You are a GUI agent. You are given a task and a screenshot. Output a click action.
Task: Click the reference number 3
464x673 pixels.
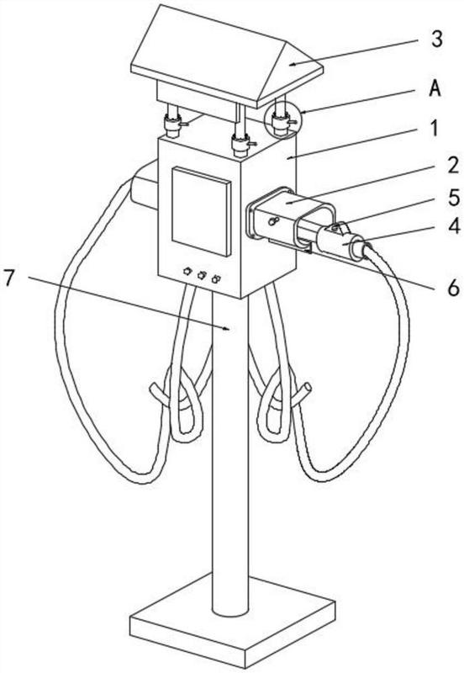[436, 39]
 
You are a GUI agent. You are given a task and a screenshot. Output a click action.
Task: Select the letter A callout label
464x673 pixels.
[435, 89]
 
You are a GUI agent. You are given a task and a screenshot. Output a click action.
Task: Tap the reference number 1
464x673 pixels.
[435, 128]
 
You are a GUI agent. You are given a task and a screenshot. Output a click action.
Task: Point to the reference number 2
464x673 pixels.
[453, 165]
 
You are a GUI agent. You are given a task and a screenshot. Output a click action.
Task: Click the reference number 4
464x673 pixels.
[453, 225]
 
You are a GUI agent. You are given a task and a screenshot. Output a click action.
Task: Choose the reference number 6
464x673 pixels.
[453, 288]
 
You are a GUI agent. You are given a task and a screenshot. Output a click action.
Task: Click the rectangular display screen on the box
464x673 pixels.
[201, 212]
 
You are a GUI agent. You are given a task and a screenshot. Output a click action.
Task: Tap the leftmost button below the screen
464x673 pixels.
[187, 271]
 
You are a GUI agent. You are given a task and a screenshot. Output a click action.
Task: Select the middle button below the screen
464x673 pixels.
[202, 275]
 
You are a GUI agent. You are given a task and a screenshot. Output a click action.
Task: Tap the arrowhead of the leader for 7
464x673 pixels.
[229, 329]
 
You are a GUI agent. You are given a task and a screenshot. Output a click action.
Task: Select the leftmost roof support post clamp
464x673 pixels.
[172, 125]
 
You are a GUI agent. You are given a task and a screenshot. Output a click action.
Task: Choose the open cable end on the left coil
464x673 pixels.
[154, 389]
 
